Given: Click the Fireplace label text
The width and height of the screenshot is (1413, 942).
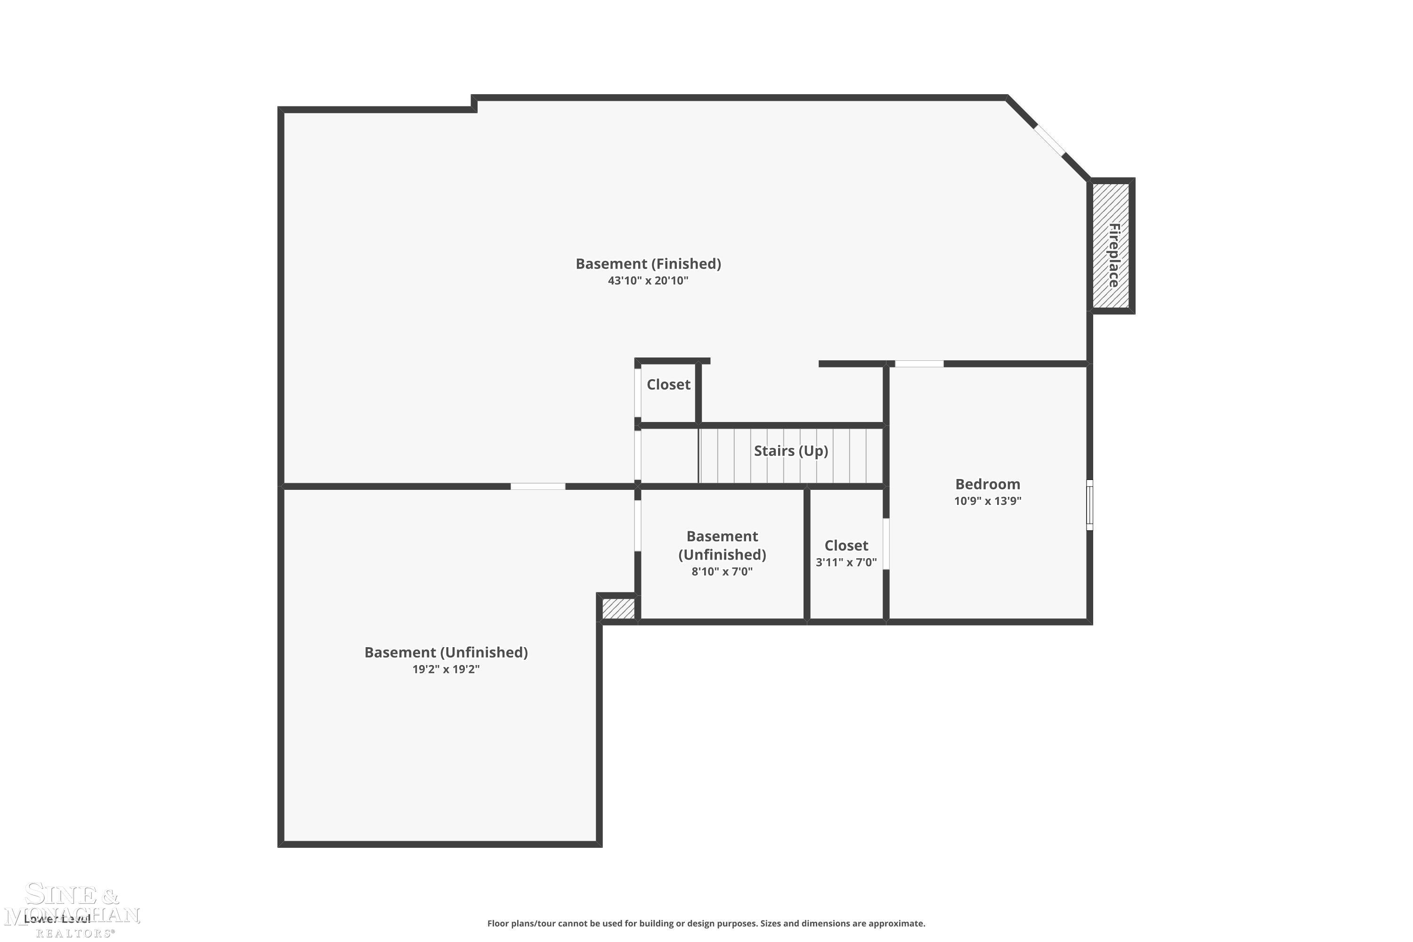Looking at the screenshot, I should tap(1113, 255).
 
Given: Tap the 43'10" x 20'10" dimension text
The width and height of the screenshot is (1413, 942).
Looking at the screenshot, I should tap(648, 281).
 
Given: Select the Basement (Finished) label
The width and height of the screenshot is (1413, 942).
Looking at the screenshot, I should tap(648, 264).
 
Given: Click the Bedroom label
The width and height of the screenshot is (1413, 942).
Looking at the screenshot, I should tap(987, 484).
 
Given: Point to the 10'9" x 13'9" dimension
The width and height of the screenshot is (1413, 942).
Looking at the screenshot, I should tap(987, 501).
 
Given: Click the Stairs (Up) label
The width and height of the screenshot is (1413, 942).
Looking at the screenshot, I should tap(791, 451).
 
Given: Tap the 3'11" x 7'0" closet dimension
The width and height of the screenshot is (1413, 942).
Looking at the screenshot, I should tap(845, 562).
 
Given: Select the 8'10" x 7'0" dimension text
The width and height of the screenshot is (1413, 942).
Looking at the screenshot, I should tap(722, 571).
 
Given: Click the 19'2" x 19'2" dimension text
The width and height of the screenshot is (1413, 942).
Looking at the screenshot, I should tap(446, 669).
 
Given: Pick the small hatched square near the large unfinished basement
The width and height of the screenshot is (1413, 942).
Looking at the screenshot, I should tap(617, 609).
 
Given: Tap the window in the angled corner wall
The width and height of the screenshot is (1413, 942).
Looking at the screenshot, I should tap(1049, 139).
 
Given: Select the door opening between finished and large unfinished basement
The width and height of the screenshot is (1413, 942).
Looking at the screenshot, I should tap(538, 486).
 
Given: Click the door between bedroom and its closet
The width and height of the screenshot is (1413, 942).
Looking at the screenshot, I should tap(885, 544).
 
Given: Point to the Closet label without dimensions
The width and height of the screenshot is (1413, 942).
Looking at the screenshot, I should tap(668, 384).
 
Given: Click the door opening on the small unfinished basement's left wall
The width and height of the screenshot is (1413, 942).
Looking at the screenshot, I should tap(637, 525).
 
